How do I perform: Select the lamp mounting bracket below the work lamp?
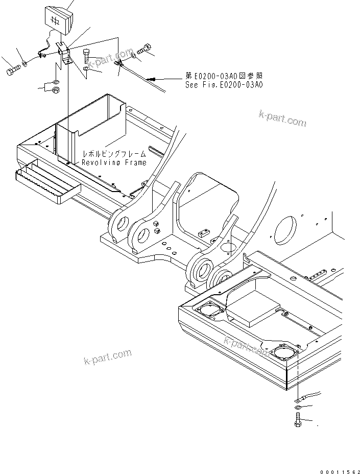(x=63, y=54)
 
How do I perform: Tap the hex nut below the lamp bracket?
(x=56, y=90)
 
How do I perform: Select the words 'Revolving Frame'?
(x=114, y=162)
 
